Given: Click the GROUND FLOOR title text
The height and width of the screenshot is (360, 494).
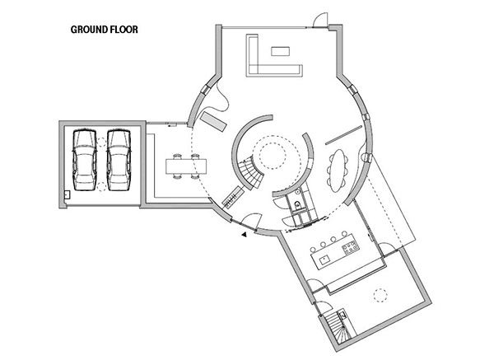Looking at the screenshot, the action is (105, 30).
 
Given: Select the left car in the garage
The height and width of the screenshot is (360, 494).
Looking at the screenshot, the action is (85, 160).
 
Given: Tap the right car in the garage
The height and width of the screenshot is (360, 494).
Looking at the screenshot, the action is (119, 160).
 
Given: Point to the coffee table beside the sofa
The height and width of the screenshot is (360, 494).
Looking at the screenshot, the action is (281, 51).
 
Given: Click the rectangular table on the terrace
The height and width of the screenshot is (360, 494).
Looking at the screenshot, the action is (186, 166).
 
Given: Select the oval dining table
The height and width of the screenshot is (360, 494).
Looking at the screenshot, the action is (338, 170).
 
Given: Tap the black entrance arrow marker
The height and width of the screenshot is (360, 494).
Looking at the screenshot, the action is (244, 235).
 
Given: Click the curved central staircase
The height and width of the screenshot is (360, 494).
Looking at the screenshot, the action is (250, 173).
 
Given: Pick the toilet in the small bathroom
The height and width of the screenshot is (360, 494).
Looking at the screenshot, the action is (297, 205).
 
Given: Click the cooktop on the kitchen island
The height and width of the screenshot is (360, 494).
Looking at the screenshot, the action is (350, 247).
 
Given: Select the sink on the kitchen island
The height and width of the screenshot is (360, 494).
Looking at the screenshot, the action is (324, 260).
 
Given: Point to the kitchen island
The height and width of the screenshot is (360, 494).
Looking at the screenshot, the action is (335, 255).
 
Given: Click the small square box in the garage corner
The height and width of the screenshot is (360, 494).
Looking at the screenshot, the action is (68, 194).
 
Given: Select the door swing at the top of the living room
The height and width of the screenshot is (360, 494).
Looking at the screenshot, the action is (320, 20).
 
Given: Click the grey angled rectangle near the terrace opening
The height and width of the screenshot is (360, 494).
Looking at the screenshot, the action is (213, 121).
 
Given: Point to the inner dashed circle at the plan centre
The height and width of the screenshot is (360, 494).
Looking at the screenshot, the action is (273, 157).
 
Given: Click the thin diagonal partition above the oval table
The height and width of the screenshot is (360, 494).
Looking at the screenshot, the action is (343, 135).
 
